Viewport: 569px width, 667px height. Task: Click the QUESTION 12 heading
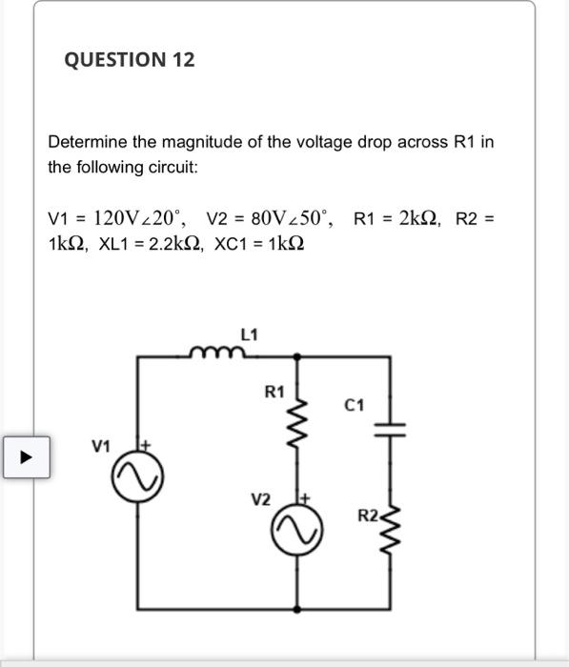tap(130, 60)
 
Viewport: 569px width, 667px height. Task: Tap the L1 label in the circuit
tap(249, 333)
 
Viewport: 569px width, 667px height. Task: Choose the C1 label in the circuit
tap(356, 406)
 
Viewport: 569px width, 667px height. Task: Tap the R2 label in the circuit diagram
tap(369, 516)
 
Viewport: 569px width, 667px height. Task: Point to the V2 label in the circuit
tap(260, 499)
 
